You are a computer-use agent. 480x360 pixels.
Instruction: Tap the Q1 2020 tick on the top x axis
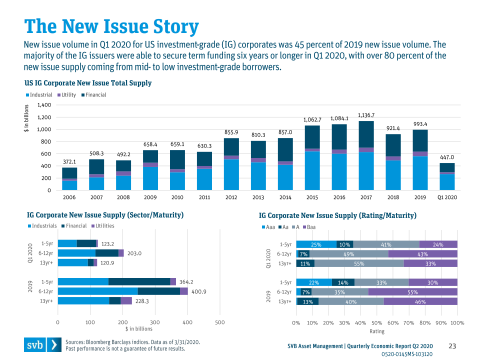point(447,197)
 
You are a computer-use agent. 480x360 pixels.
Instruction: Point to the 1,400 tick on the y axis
point(44,105)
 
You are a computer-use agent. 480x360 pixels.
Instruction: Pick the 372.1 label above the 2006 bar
point(69,162)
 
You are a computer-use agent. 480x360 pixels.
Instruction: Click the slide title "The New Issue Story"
point(111,26)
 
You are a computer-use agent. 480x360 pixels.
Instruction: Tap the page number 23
point(452,346)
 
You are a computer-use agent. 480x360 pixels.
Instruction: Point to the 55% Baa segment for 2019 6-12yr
point(412,292)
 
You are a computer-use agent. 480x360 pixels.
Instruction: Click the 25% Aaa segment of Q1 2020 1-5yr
point(316,244)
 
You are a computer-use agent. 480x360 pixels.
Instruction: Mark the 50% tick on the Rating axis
point(376,322)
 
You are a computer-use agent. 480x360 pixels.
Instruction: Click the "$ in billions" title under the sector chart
point(138,329)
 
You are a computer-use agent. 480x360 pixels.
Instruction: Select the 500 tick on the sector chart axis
point(219,322)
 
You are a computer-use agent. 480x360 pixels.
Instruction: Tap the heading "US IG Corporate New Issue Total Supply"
point(88,83)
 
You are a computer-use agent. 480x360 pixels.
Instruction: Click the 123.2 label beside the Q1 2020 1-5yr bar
point(108,244)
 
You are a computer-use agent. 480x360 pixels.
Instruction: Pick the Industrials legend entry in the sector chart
point(42,226)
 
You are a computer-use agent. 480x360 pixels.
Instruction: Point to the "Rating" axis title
point(376,331)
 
